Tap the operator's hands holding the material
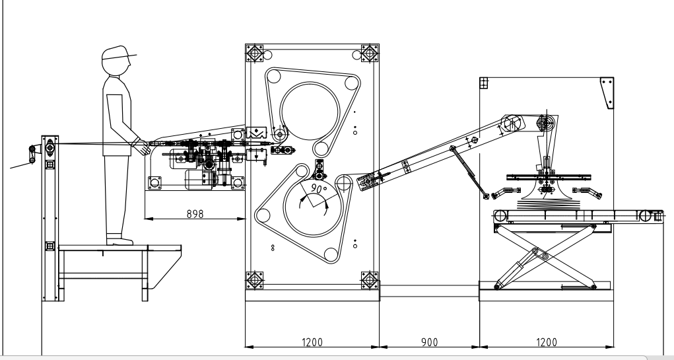pos(141,145)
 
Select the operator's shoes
pos(116,240)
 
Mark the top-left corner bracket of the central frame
pos(255,54)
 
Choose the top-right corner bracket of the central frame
pos(369,53)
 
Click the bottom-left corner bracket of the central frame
pos(255,279)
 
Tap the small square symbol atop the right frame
pos(483,83)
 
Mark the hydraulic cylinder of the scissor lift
pos(515,272)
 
